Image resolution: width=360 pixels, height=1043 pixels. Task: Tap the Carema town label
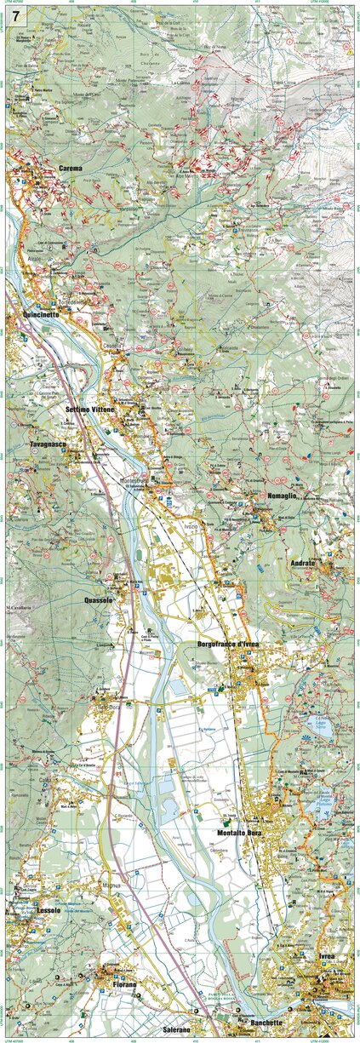tap(71, 169)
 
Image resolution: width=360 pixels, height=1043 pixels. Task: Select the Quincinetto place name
tap(36, 314)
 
